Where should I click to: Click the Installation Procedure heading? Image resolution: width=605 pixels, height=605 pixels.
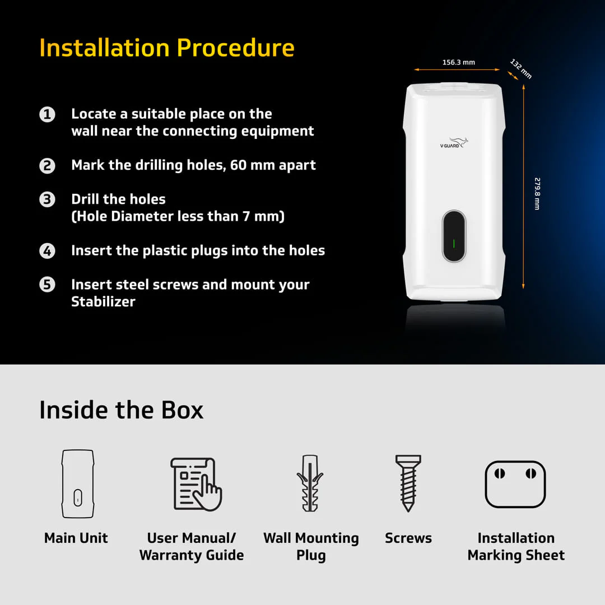(167, 48)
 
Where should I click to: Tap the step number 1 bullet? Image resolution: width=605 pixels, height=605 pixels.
(48, 115)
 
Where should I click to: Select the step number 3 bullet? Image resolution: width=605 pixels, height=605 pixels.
(48, 200)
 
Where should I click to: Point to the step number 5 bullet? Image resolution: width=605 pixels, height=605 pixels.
(48, 285)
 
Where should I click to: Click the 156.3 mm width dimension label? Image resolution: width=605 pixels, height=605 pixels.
(458, 62)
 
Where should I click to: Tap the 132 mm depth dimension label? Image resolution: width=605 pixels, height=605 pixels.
(521, 68)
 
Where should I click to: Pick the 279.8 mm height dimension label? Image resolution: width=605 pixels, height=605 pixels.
(537, 193)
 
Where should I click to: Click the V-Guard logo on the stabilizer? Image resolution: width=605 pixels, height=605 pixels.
(454, 143)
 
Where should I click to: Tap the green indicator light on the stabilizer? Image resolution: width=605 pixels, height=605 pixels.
(454, 244)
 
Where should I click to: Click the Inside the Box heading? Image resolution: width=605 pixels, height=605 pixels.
(121, 410)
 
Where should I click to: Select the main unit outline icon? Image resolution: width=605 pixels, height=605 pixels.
(77, 483)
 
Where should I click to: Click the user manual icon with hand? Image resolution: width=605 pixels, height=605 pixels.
(196, 483)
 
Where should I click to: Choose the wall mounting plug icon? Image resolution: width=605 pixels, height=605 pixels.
(310, 483)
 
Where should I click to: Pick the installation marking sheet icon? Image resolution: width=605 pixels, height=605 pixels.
(515, 484)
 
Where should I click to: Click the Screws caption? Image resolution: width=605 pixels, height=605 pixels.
(408, 538)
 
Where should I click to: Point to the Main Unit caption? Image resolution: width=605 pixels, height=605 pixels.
(76, 538)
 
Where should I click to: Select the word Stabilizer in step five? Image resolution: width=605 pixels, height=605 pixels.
(103, 302)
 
